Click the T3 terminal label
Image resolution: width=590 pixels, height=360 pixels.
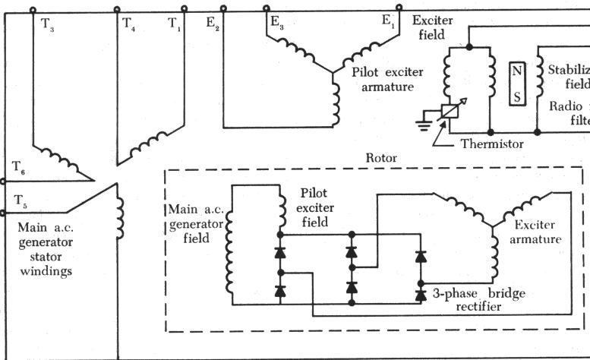pos(48,24)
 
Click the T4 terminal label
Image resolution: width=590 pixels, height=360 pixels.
pos(130,24)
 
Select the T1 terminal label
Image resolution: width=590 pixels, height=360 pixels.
pos(175,24)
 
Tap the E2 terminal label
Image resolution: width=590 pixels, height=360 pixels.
pos(213,24)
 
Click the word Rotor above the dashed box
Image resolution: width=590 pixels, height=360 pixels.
pos(381,159)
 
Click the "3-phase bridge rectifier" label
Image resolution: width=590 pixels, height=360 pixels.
pos(471,299)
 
